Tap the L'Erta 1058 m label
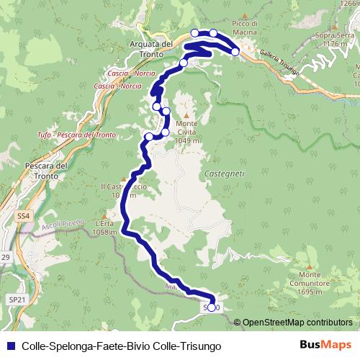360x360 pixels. [104, 228]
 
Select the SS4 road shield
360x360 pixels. [24, 215]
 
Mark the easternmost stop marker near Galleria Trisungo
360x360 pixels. [235, 52]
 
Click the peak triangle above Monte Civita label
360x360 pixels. [186, 115]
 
